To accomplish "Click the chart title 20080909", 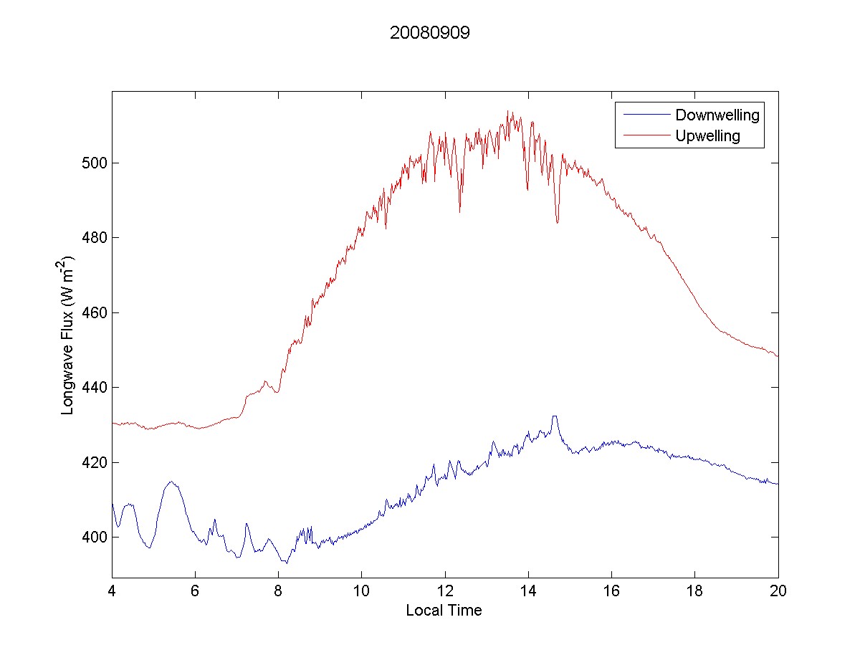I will pos(429,34).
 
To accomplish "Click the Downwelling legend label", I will pos(717,115).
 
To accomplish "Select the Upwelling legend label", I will pos(707,135).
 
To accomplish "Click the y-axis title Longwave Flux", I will pos(69,334).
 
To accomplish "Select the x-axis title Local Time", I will pos(444,611).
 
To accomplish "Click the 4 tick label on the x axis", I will pos(112,591).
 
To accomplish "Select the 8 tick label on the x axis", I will pos(278,591).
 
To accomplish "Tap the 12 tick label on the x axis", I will pos(445,591).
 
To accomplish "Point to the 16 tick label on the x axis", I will pos(611,591).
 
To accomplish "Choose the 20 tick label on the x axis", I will pos(778,591).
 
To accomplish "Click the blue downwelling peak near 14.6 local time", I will pos(554,416).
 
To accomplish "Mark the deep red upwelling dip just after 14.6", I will pos(557,222).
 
